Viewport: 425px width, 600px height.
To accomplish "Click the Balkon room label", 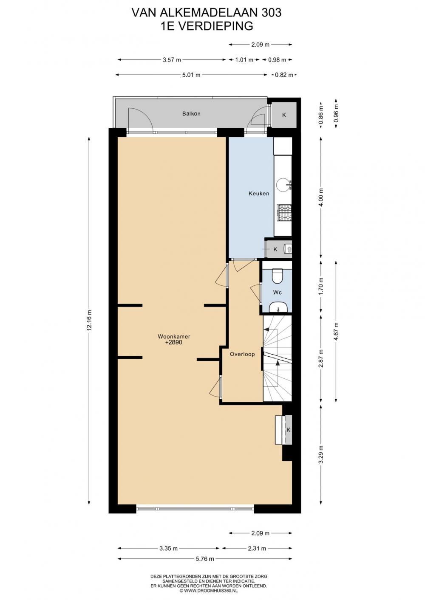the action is [191, 113].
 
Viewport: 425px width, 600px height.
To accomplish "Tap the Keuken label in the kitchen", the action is [259, 193].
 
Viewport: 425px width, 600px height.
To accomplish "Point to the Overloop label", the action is [242, 354].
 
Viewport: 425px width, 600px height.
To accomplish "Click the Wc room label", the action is [277, 293].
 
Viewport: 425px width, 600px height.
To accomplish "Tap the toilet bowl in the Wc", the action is [277, 276].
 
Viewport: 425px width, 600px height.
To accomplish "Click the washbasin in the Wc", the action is [278, 307].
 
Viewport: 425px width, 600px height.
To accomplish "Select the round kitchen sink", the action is [282, 185].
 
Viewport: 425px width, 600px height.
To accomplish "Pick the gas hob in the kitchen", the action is [284, 213].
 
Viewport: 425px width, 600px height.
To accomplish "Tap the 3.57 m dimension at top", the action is [172, 60].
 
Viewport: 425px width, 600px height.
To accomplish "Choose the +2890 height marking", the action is [174, 342].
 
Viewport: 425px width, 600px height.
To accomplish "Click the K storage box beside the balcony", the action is [284, 115].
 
